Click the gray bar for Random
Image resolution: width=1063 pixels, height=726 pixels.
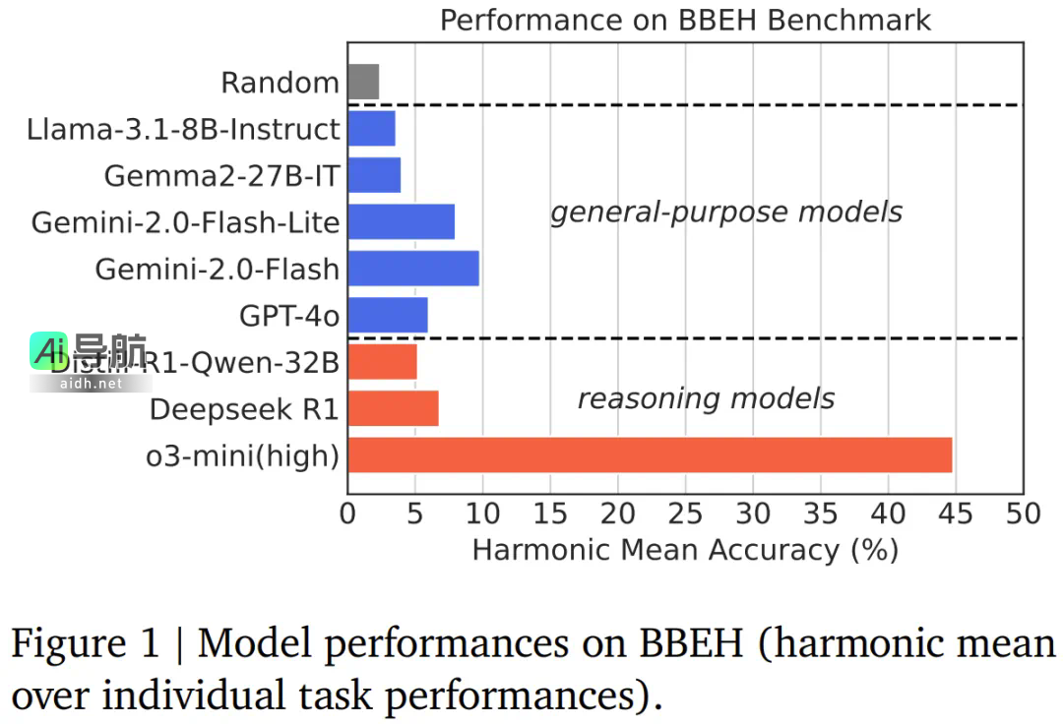(x=363, y=82)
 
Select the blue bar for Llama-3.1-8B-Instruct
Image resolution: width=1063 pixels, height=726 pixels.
(x=371, y=129)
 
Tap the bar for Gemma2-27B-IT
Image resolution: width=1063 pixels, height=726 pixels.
(x=374, y=175)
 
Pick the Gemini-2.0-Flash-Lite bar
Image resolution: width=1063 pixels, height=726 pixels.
(x=401, y=222)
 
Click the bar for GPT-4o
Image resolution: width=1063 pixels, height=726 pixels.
(x=388, y=316)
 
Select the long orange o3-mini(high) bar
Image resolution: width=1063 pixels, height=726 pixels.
(x=650, y=455)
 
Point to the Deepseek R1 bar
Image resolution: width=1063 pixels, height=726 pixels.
(x=393, y=408)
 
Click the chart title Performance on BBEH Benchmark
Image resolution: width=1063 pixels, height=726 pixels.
(x=685, y=20)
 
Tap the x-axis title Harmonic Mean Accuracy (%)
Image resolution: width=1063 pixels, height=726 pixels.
(x=685, y=549)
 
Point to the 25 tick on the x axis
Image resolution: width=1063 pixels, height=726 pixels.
(x=685, y=514)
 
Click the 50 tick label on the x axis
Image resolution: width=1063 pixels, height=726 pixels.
(x=1023, y=514)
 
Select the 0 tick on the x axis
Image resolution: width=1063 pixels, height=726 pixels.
(x=347, y=514)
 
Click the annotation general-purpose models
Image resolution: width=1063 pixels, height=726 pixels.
(x=726, y=212)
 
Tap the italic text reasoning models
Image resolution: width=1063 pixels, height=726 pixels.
(x=706, y=398)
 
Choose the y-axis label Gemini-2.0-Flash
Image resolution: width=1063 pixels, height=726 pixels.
(x=217, y=270)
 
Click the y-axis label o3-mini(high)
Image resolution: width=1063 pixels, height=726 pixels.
(x=242, y=456)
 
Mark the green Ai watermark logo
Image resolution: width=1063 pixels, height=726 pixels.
(x=49, y=350)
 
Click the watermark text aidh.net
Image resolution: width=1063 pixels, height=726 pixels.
(x=91, y=384)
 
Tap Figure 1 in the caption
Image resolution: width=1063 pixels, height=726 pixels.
(x=85, y=645)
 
